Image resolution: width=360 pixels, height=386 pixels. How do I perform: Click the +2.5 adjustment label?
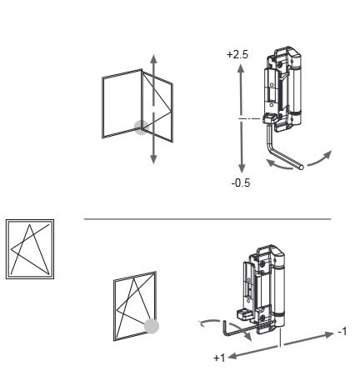pos(237,54)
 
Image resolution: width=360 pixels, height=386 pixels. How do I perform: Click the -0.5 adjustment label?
pos(241,183)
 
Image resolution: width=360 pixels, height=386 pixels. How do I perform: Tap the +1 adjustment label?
pos(219,358)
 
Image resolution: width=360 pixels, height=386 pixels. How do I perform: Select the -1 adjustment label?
pos(342,332)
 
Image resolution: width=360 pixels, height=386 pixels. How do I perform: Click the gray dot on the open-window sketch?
pos(142,128)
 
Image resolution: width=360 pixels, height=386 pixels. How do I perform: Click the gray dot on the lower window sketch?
pos(152,326)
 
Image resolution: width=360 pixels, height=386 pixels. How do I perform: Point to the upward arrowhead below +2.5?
pos(241,68)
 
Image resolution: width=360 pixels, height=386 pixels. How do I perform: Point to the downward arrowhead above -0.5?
pos(242,168)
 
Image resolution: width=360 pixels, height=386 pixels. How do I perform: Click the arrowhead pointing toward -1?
pos(328,334)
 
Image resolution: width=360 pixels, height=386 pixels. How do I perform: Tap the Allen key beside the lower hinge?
pos(239,331)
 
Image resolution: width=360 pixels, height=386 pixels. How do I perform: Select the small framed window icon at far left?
pos(30,249)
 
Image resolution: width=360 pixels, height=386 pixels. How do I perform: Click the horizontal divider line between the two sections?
pos(207,219)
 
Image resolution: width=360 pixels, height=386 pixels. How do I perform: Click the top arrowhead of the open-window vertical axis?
pos(153,60)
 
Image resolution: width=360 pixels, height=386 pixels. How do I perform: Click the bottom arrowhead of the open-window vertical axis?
pos(153,159)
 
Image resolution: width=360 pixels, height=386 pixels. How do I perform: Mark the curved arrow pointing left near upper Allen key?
pos(278,164)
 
